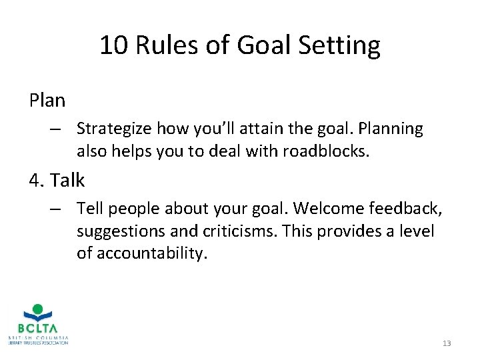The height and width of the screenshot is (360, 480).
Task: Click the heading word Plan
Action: coord(47,101)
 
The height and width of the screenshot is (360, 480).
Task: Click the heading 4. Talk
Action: coord(57,179)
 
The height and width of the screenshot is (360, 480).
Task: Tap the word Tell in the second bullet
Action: coord(89,208)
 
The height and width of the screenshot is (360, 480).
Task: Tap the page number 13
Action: coord(446,343)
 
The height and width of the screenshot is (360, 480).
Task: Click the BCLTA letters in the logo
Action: coord(38,329)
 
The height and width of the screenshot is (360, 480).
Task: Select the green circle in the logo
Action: coord(38,309)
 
